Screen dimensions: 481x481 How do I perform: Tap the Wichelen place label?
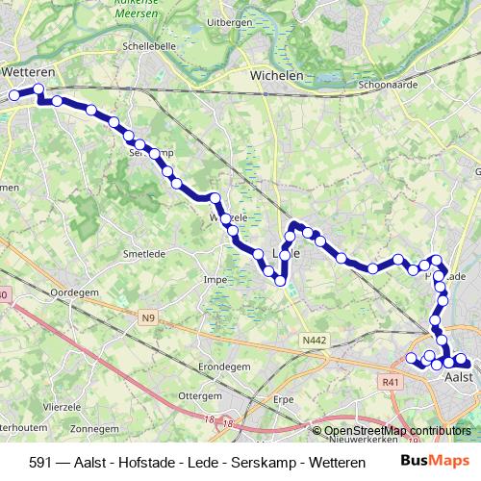point(276,75)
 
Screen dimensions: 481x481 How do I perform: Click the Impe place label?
point(215,281)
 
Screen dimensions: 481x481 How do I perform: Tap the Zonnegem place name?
point(94,428)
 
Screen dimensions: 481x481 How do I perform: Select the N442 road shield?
point(313,340)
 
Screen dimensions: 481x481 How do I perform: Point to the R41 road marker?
point(390,382)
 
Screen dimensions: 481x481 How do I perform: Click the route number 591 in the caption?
point(41,462)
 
